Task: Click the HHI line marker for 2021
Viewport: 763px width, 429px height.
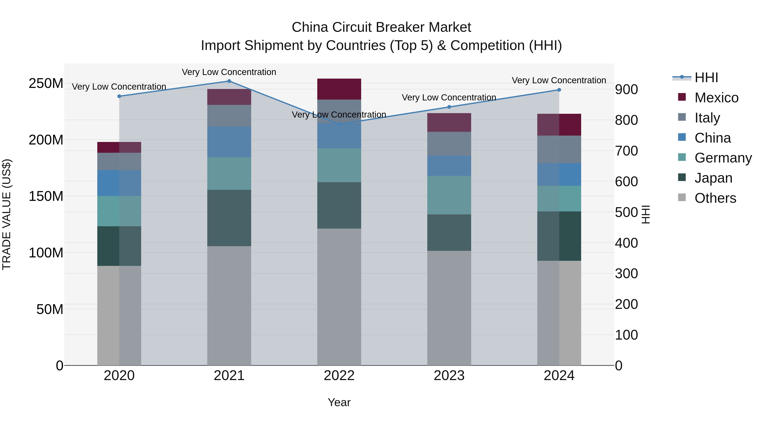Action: [x=229, y=81]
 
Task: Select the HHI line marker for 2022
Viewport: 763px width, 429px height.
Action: [x=339, y=124]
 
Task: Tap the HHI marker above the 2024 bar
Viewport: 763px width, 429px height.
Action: [x=559, y=90]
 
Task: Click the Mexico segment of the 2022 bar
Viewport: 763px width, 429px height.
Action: [x=339, y=89]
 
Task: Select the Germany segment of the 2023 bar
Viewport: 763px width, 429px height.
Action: [x=449, y=195]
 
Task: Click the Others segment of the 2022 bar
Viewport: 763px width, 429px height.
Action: [x=339, y=296]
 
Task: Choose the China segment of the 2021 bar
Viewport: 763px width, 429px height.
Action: [x=229, y=142]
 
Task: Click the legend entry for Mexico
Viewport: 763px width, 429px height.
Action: [x=716, y=98]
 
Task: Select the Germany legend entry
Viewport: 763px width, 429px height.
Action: [x=723, y=158]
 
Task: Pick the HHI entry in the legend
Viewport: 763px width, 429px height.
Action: [x=706, y=78]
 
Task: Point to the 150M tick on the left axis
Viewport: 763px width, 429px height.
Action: [x=46, y=196]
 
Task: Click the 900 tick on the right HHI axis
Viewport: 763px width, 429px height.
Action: [x=626, y=89]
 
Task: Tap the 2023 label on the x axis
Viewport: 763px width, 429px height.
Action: [x=449, y=376]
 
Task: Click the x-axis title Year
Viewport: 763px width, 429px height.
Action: [x=339, y=402]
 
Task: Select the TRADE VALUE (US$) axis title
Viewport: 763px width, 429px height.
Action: [x=7, y=214]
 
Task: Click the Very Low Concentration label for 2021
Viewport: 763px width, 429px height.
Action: [x=229, y=72]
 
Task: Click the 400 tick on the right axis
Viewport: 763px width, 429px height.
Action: [x=626, y=243]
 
